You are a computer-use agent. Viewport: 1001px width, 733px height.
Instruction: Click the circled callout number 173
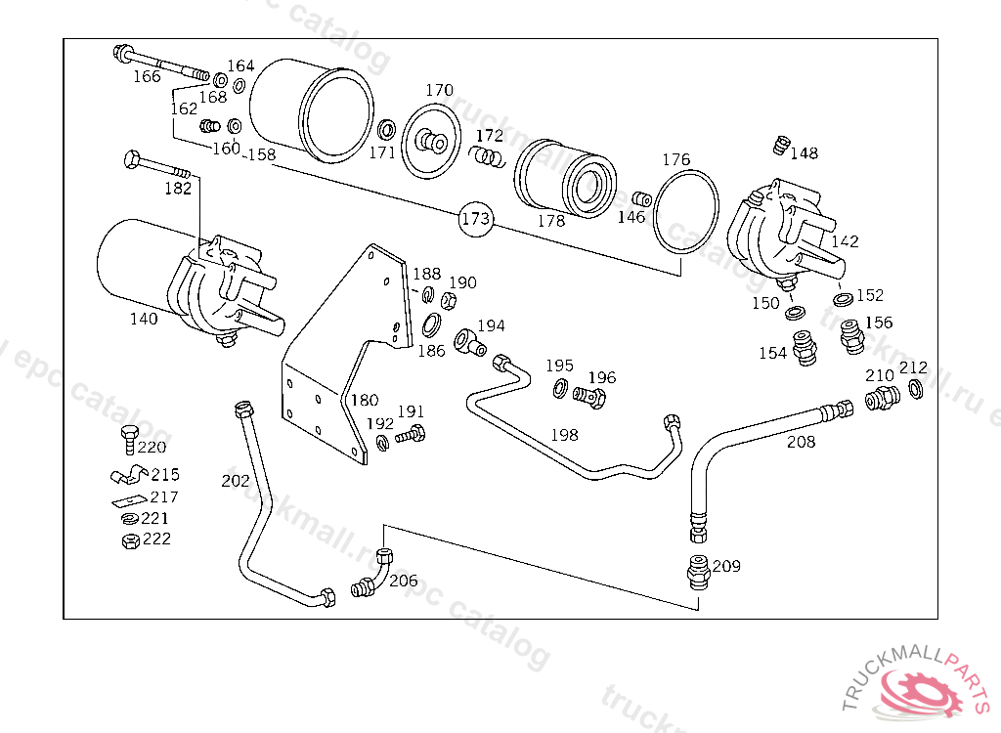(475, 219)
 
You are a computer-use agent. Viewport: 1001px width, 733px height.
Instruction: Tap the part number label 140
(144, 319)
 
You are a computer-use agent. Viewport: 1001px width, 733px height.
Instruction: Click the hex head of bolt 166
(124, 52)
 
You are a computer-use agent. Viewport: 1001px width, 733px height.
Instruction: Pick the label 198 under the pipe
(564, 435)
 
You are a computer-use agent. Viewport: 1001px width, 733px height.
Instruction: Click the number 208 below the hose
(802, 442)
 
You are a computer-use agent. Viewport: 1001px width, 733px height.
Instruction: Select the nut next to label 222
(127, 540)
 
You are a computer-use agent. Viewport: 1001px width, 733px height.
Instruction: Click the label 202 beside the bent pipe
(236, 481)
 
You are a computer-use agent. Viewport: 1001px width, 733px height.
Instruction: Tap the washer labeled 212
(916, 390)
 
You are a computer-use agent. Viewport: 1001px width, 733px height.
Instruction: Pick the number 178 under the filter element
(551, 221)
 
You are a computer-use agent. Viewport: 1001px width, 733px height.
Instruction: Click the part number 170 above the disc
(439, 90)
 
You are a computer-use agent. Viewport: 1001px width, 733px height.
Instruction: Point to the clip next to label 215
(127, 476)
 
